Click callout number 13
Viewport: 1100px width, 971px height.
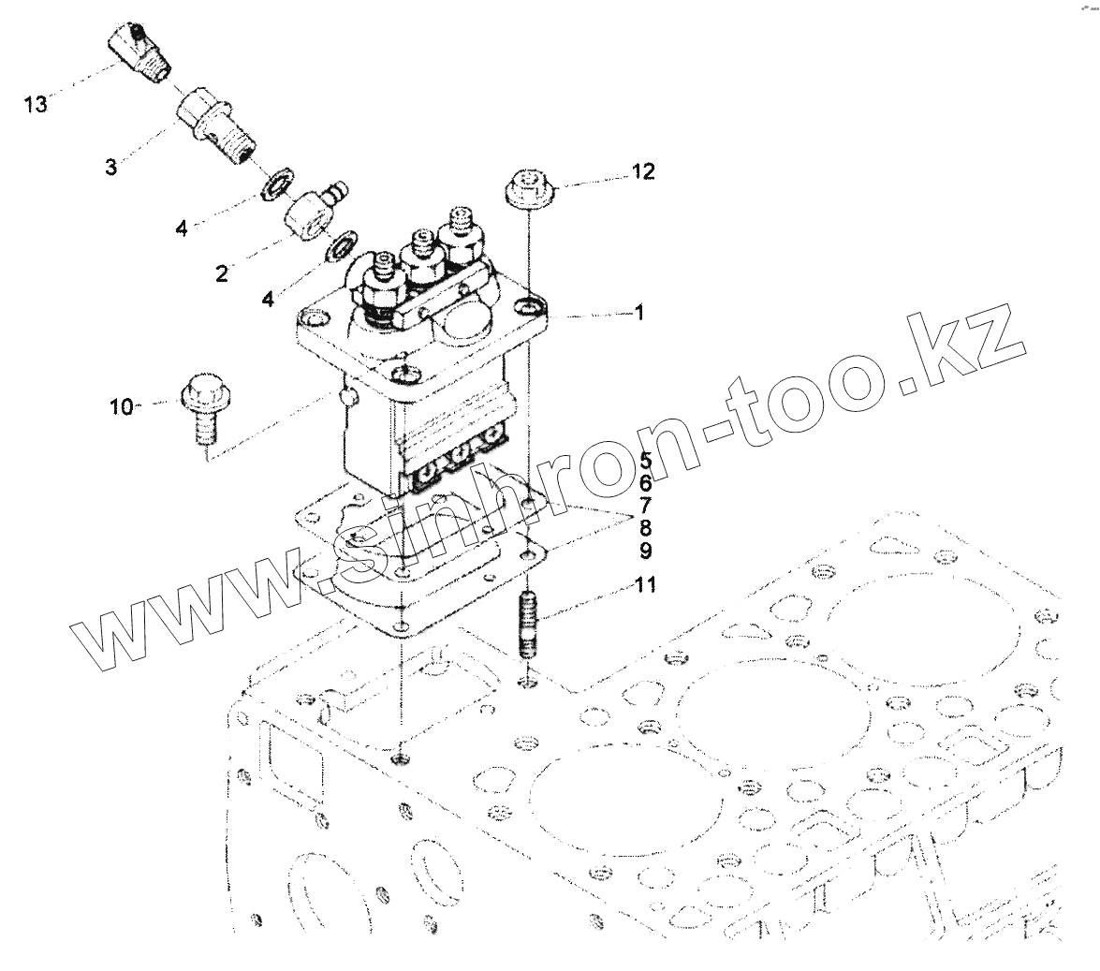point(35,105)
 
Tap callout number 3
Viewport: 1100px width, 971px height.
point(111,169)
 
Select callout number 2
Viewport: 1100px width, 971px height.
point(221,273)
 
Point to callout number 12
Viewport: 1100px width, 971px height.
point(668,171)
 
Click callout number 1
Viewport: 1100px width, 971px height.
point(638,315)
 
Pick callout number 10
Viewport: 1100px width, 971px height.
point(121,406)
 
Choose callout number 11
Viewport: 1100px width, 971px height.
point(645,586)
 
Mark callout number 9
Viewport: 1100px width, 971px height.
point(645,550)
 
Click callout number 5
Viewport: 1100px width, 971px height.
point(645,460)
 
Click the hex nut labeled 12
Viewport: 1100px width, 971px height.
point(529,187)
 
